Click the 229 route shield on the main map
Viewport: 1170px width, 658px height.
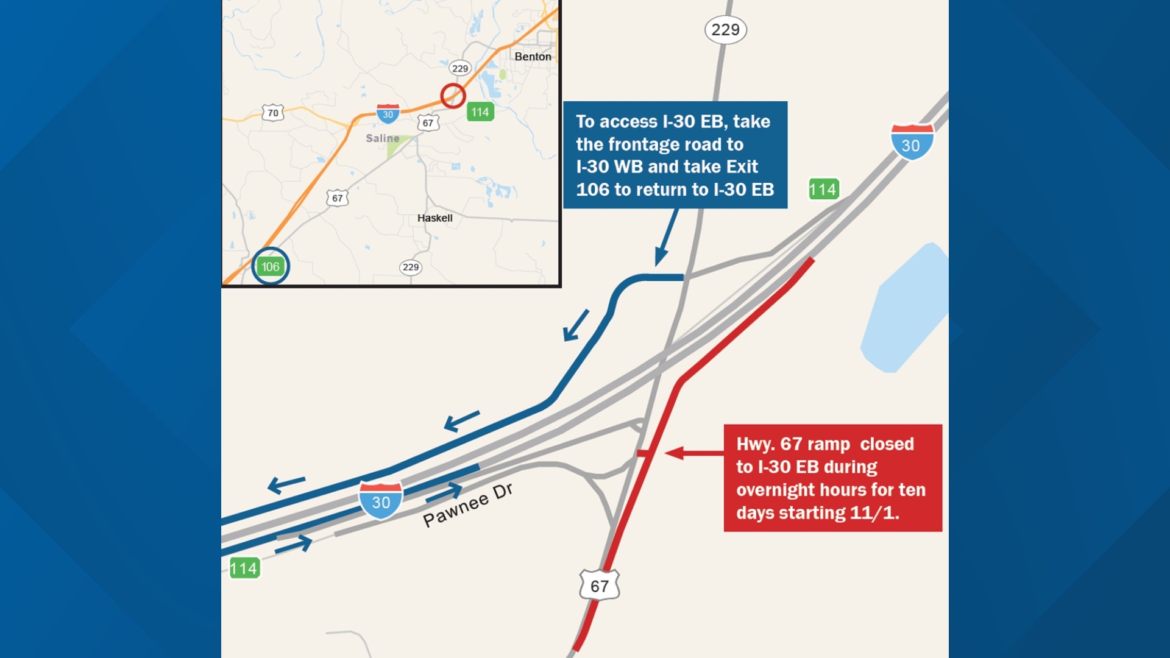click(x=725, y=30)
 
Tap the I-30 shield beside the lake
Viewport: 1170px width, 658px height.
click(x=912, y=141)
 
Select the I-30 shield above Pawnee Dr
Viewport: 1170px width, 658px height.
click(x=381, y=500)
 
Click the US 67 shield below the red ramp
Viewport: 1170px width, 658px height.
click(x=599, y=585)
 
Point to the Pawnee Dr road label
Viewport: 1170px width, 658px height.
click(x=467, y=505)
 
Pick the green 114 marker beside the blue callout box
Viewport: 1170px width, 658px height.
click(x=823, y=189)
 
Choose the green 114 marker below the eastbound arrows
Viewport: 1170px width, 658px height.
click(x=244, y=568)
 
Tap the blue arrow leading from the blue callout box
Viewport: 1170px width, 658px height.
click(x=666, y=238)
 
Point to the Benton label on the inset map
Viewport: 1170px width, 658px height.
click(x=533, y=57)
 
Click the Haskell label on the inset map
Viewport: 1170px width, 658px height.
click(x=434, y=218)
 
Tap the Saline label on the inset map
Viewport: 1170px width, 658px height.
click(x=382, y=138)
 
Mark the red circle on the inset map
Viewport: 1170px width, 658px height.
click(x=453, y=96)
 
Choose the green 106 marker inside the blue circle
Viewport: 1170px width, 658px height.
click(x=270, y=266)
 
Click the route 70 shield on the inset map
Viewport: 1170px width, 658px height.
click(x=272, y=113)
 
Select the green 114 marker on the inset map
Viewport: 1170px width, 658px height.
click(x=480, y=112)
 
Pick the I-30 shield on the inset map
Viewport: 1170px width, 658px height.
click(x=388, y=113)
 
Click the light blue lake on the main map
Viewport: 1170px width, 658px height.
click(x=904, y=311)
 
